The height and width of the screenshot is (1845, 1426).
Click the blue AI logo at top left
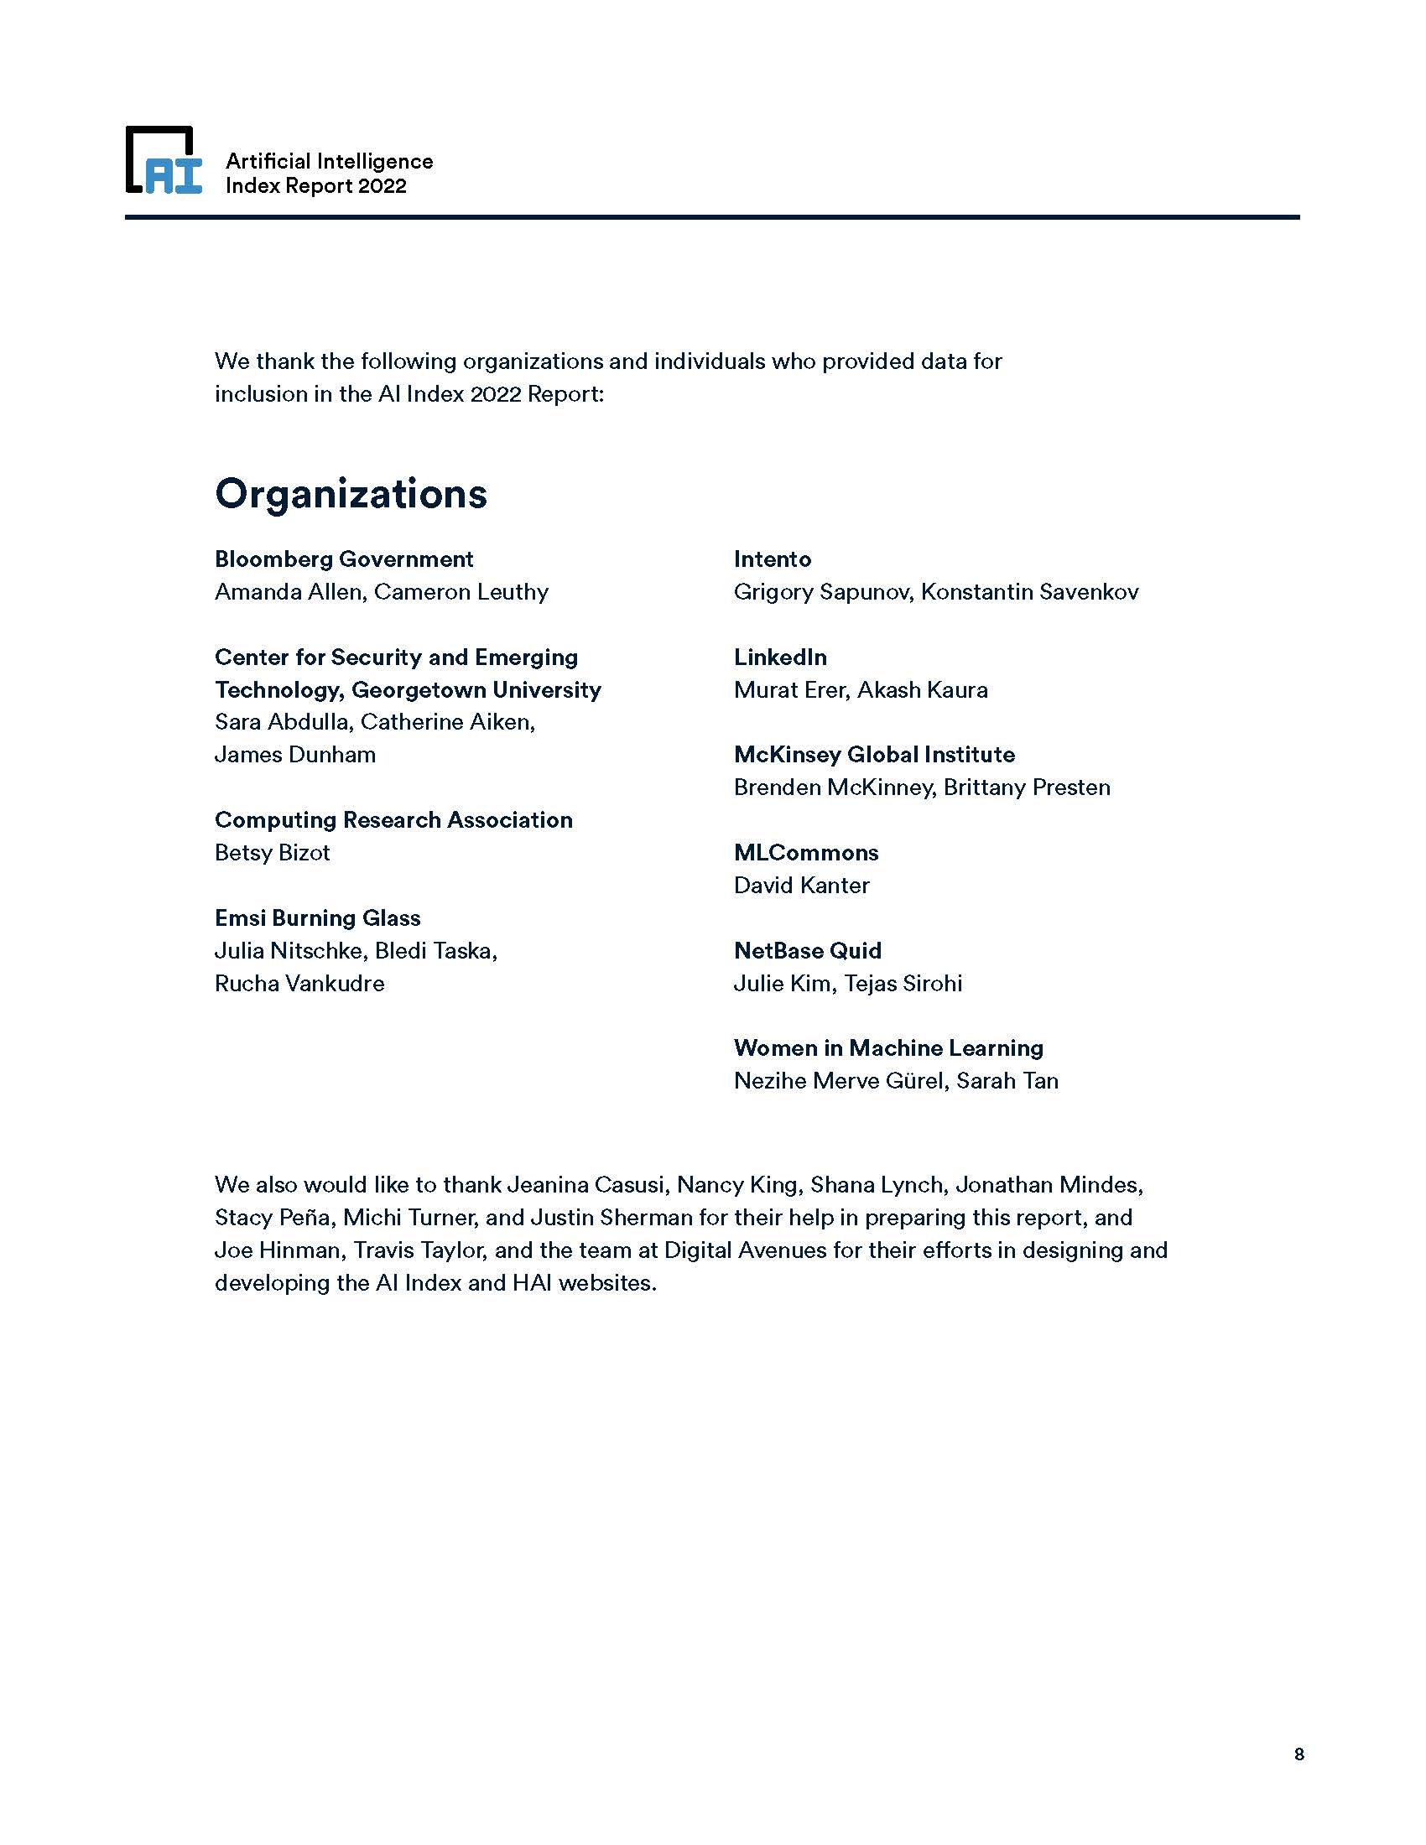coord(164,161)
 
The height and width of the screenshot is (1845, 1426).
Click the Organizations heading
coord(351,494)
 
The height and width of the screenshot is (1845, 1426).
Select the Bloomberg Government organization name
coord(344,559)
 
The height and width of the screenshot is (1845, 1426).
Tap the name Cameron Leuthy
coord(461,592)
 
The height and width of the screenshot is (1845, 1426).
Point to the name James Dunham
coord(294,755)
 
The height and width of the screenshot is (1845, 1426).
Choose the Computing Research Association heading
coord(393,820)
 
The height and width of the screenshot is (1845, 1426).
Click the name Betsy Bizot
coord(272,853)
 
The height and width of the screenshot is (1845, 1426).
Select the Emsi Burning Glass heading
coord(317,918)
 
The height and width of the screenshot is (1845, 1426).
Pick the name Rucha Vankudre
coord(299,985)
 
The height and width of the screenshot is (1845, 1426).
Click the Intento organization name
coord(772,559)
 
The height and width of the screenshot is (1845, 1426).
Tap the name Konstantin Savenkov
coord(1030,592)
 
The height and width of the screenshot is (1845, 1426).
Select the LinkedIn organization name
coord(780,657)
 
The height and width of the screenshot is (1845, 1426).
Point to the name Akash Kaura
coord(923,690)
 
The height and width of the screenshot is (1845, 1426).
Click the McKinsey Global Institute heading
coord(874,755)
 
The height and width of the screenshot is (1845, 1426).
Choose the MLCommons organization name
coord(806,853)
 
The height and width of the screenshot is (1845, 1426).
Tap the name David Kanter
coord(801,886)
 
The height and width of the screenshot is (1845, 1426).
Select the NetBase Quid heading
coord(807,951)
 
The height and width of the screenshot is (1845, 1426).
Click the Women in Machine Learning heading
coord(887,1048)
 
